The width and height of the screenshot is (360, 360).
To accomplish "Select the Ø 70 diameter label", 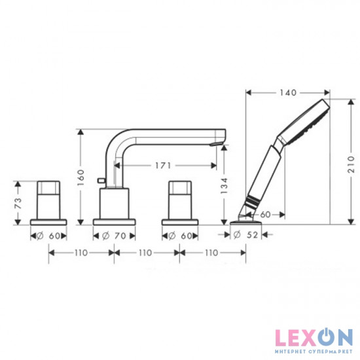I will [115, 234].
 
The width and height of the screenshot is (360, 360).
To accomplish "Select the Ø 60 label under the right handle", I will [179, 234].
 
